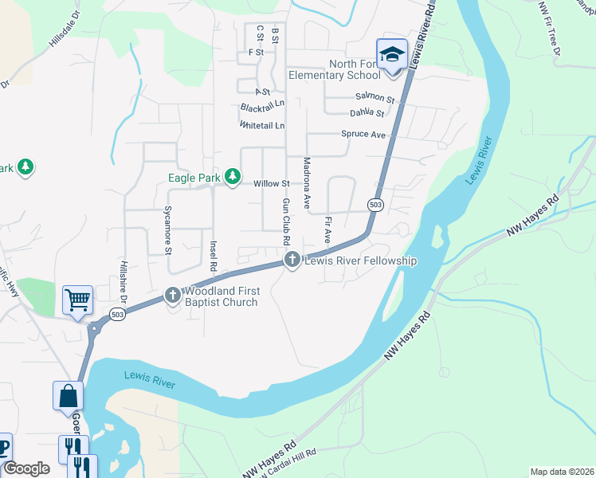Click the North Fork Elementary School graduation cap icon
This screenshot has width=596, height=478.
coord(392,55)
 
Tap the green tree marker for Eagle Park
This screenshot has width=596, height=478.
coord(232,176)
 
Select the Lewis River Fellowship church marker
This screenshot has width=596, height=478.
coord(292,261)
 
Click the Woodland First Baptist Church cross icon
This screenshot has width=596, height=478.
coord(172,296)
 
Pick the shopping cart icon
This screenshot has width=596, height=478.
coord(77,300)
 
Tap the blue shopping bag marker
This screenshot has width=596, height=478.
coord(68,395)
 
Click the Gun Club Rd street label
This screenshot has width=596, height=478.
coord(285,222)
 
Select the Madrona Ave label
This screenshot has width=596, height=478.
coord(306,182)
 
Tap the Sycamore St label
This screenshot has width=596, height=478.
coord(168,230)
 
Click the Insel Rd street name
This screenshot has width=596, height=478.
coord(213,255)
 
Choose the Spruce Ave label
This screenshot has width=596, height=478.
coord(363,134)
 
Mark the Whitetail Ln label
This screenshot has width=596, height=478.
coord(261,126)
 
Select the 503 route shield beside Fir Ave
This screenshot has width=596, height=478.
coord(376,205)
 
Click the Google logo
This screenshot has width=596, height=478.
coord(27,468)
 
